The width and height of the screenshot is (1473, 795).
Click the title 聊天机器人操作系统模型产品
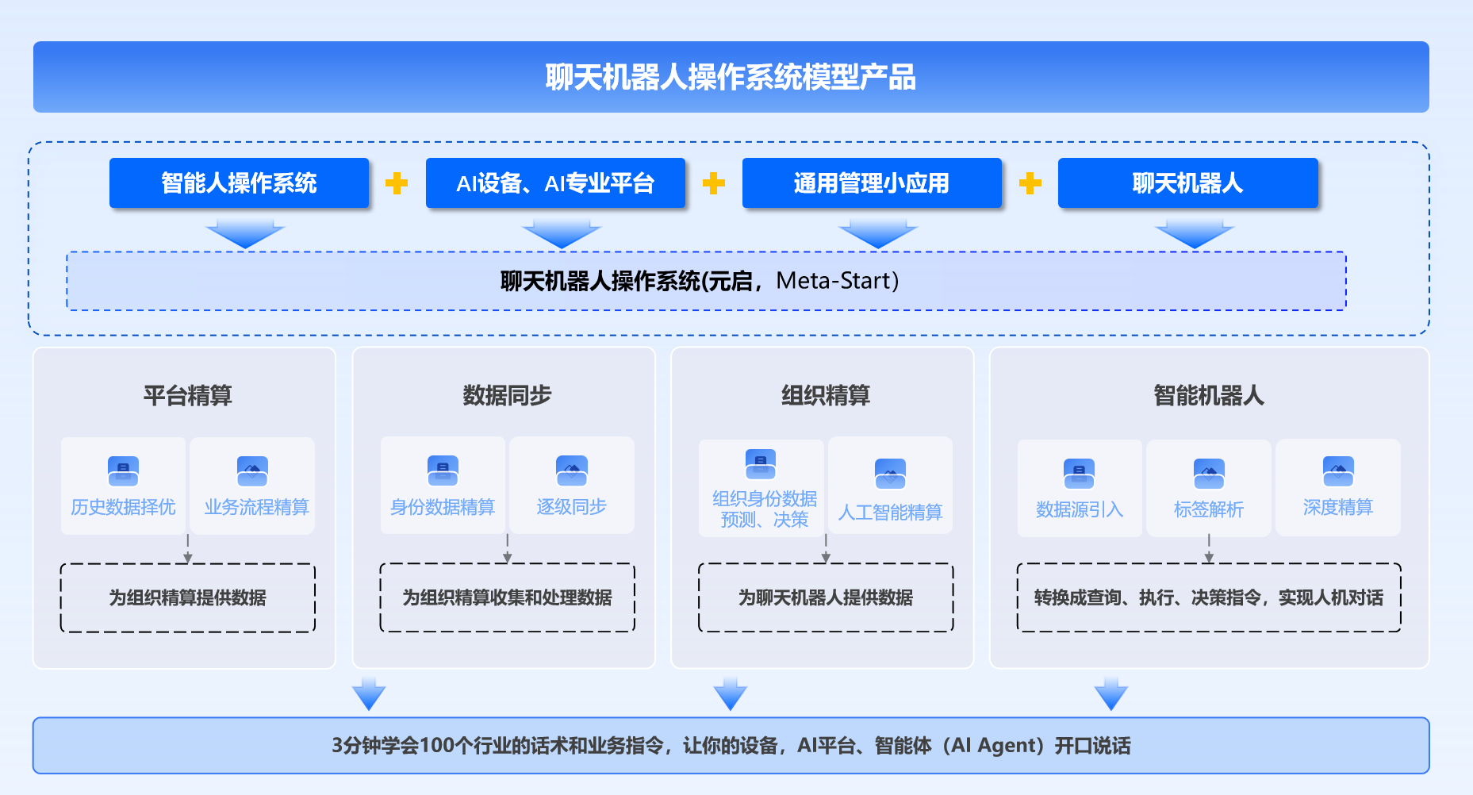pos(731,78)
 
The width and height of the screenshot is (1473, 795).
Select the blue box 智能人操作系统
pos(239,183)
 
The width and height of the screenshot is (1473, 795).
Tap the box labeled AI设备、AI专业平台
pos(555,183)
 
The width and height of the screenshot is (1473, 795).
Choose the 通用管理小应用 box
pos(872,183)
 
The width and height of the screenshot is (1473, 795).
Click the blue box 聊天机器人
pos(1187,183)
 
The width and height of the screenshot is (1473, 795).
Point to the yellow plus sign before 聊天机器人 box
pos(1030,183)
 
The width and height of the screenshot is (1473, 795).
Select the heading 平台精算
pos(187,395)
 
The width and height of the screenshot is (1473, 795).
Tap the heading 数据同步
pos(507,395)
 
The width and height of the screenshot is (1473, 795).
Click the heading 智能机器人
pos(1208,395)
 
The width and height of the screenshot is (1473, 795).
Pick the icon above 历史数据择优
pos(123,471)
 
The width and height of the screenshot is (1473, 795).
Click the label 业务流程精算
pos(256,507)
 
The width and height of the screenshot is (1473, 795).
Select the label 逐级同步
pos(571,507)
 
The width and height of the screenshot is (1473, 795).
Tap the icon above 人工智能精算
pos(890,474)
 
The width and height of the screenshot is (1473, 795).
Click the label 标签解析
pos(1208,509)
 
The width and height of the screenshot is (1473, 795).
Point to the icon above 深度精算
pos(1338,471)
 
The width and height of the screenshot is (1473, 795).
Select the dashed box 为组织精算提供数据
pos(188,597)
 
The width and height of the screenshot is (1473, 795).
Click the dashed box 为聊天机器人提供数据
pos(826,597)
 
